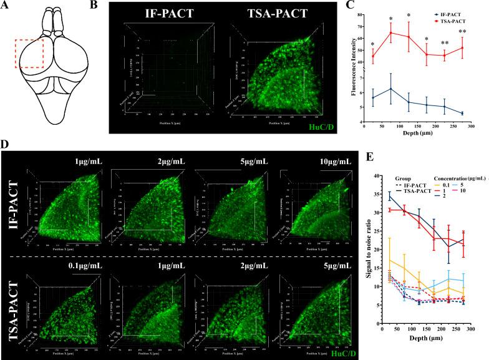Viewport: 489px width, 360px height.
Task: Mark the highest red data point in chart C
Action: pyautogui.click(x=390, y=33)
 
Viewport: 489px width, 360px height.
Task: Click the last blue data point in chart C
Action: pyautogui.click(x=462, y=113)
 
